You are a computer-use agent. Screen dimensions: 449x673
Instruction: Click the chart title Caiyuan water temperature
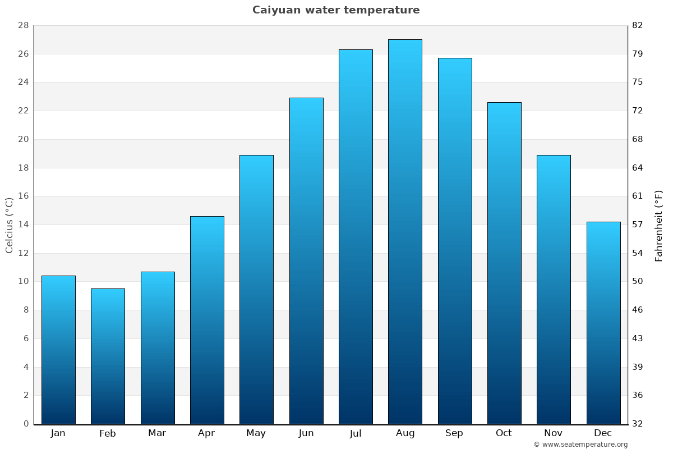tap(336, 10)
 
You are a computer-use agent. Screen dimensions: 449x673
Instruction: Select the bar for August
tap(405, 231)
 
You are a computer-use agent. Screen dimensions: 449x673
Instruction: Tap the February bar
tap(108, 356)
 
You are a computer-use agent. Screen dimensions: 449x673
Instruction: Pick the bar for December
tap(603, 323)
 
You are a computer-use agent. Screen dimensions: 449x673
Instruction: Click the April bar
tap(207, 320)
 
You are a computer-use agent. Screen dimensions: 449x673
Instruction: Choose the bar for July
tap(356, 236)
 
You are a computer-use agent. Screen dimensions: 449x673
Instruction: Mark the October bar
tap(504, 263)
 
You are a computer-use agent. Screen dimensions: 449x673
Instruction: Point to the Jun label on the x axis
tap(306, 433)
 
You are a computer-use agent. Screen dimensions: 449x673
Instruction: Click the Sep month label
tap(454, 433)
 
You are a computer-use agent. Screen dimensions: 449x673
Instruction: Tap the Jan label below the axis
tap(58, 433)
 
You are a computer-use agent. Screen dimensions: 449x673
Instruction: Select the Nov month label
tap(554, 433)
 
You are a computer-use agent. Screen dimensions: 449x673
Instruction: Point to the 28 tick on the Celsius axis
tap(24, 25)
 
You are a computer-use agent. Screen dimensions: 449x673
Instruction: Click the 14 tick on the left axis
tap(24, 224)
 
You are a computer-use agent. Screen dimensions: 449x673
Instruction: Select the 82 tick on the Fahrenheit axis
tap(638, 25)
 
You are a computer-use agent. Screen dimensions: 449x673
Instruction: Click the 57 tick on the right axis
tap(638, 224)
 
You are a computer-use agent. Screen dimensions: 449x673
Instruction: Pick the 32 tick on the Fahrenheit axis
tap(638, 424)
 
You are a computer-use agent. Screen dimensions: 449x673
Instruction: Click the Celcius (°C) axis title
tap(9, 224)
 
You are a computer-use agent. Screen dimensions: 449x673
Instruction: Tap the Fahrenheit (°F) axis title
tap(659, 225)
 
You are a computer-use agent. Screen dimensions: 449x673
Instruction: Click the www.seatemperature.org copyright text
tap(580, 445)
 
